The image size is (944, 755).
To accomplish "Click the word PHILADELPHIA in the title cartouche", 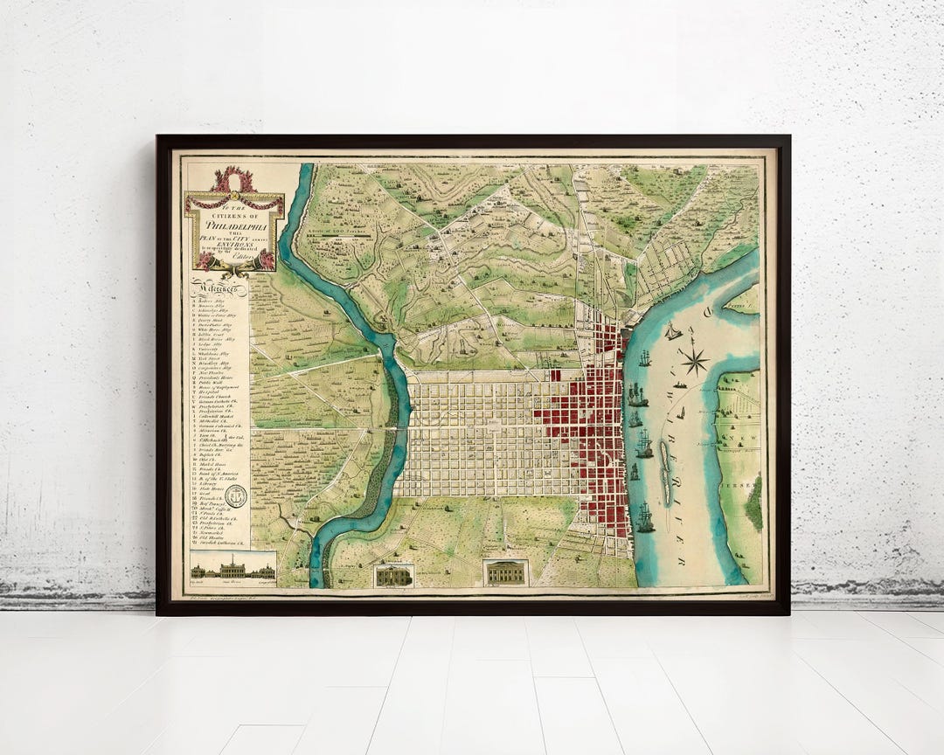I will (x=234, y=222).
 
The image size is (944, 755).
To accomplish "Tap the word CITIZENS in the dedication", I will (x=234, y=215).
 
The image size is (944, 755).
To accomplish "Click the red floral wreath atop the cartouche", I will (x=233, y=180).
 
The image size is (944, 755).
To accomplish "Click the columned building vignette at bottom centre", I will (x=506, y=572).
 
